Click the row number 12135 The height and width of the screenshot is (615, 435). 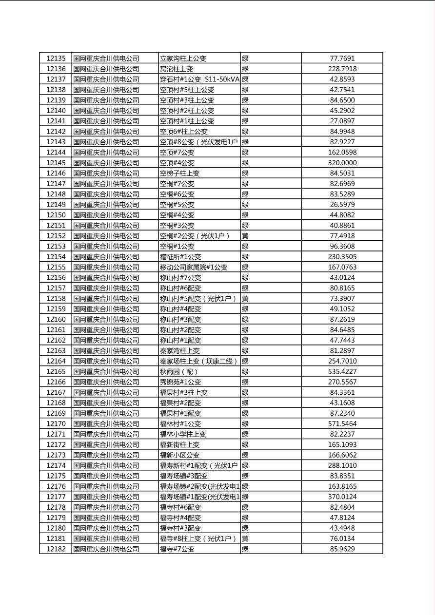(x=56, y=58)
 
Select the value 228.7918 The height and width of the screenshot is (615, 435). (x=342, y=69)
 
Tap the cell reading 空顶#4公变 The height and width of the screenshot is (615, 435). (x=177, y=163)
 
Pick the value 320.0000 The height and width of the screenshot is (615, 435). (x=342, y=163)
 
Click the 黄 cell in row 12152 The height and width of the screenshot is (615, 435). (x=245, y=236)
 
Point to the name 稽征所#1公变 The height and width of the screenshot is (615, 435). (x=180, y=257)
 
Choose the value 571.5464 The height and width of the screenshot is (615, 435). (x=342, y=424)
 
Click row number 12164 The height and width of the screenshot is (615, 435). (x=56, y=361)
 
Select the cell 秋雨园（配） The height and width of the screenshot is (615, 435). (x=179, y=372)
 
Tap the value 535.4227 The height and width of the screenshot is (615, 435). (x=342, y=372)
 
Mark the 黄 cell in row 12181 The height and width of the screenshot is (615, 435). (x=245, y=538)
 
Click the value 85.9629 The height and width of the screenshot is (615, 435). (x=342, y=549)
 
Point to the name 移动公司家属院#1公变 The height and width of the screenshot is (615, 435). (x=194, y=267)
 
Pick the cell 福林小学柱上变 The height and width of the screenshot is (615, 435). (x=183, y=434)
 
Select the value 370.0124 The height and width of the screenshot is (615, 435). (x=342, y=497)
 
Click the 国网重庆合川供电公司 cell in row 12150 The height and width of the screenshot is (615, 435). (x=106, y=215)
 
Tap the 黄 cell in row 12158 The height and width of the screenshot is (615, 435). (x=245, y=298)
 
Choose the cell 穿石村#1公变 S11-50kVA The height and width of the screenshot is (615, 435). (x=199, y=79)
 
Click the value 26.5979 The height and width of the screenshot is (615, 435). (x=342, y=205)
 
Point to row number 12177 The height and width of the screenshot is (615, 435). (x=56, y=497)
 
